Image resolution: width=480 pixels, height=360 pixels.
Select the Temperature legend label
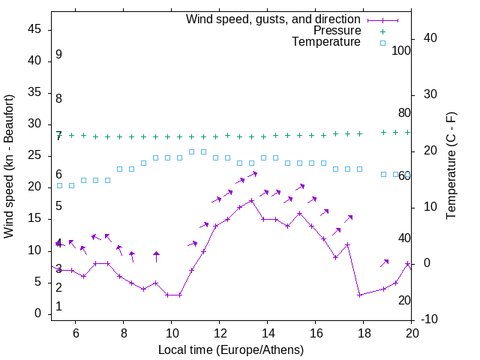pos(326,43)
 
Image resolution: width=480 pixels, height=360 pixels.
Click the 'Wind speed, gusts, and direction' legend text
pos(274,19)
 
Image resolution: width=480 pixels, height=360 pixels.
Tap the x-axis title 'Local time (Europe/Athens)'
pos(231,349)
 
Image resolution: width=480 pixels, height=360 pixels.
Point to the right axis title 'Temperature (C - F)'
pos(451,166)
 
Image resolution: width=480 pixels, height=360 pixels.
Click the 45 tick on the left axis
pos(34,29)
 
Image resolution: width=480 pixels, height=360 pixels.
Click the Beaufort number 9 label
pos(58,55)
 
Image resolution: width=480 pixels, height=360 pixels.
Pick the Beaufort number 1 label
pos(58,307)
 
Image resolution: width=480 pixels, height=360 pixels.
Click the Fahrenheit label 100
pos(401,51)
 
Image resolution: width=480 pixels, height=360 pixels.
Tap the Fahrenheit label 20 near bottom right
pos(404,300)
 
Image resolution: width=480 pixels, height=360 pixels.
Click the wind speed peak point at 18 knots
pos(252,200)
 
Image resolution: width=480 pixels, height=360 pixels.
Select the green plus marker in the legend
pos(382,31)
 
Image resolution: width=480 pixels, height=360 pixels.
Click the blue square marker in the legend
pos(382,43)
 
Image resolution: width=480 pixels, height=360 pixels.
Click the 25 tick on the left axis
pos(34,156)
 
